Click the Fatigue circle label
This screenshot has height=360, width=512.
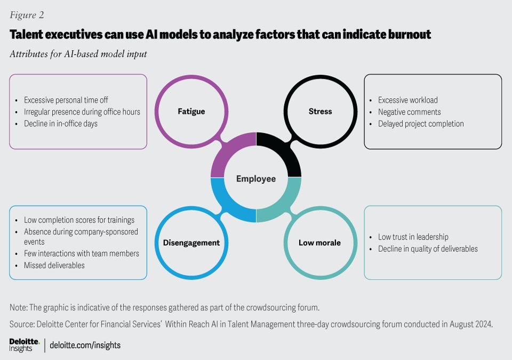click(191, 111)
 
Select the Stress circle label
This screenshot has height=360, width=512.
click(320, 111)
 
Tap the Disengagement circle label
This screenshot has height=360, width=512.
click(191, 243)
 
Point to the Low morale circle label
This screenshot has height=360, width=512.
click(319, 243)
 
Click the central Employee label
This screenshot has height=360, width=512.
click(256, 179)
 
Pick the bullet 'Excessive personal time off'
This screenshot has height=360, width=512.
click(66, 100)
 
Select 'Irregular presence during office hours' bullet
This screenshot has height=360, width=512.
click(82, 112)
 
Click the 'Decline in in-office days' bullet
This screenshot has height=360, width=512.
click(61, 124)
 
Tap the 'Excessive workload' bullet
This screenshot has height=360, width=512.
click(407, 100)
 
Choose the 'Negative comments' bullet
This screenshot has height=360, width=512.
click(409, 112)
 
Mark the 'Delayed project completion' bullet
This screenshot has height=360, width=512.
click(421, 124)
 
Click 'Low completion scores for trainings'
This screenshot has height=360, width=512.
click(79, 220)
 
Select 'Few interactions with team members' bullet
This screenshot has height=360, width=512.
click(81, 253)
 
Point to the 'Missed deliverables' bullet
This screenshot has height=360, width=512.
click(54, 265)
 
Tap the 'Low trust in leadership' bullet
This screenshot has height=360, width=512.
click(413, 237)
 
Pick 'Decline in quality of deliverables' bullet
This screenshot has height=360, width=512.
click(428, 249)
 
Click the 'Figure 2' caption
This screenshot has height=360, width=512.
click(27, 14)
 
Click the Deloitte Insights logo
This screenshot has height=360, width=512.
click(24, 345)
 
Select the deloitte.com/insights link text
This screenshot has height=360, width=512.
click(85, 345)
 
